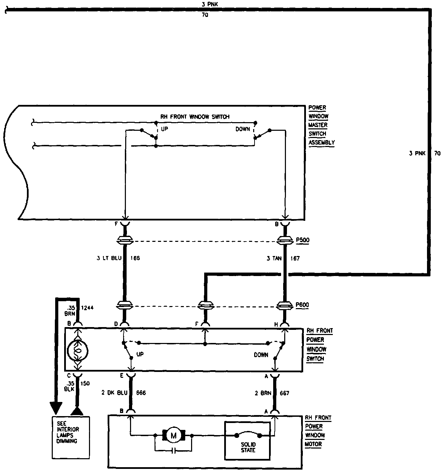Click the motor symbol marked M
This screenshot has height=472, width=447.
coord(173,436)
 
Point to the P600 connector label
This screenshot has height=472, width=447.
coord(302,305)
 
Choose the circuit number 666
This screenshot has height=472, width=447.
coord(141,393)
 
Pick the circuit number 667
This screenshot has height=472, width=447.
coord(285,393)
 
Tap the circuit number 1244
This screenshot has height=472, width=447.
coord(87,307)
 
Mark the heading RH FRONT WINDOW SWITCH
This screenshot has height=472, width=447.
coord(195,117)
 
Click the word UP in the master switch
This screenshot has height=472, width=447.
coord(164,129)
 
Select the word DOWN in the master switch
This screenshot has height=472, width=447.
coord(243,129)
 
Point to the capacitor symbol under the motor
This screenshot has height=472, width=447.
coord(174,451)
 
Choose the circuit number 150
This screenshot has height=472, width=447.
coord(85,383)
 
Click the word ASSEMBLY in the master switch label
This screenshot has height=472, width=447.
coord(321,142)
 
